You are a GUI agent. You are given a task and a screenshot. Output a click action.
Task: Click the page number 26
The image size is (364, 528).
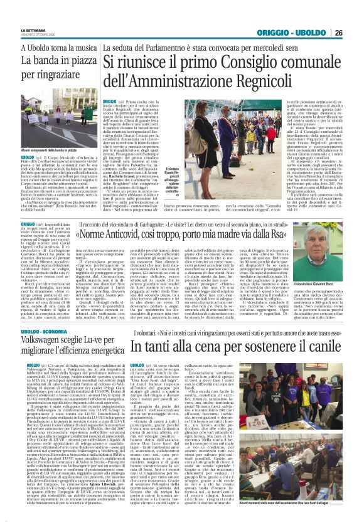(355, 33)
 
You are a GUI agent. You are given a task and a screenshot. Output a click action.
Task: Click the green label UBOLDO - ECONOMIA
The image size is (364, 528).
(31, 326)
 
